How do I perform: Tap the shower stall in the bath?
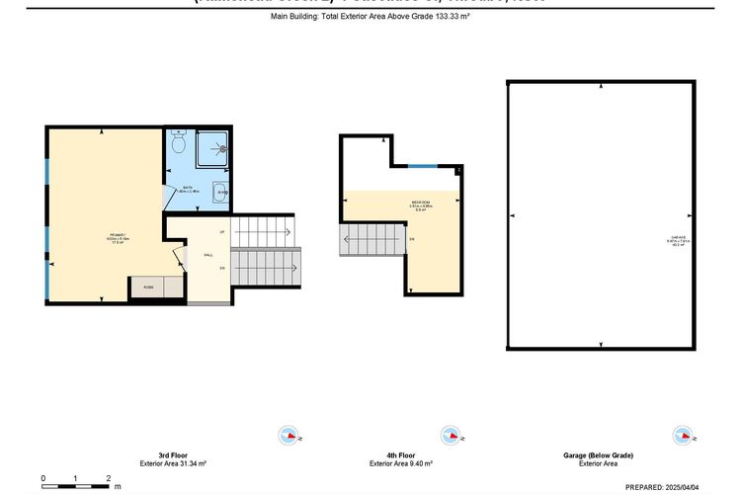(211, 150)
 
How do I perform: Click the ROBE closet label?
(148, 288)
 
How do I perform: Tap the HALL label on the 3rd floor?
(208, 254)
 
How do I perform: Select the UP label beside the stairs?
(222, 231)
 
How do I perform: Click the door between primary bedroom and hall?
(178, 258)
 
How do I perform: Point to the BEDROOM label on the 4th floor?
(419, 204)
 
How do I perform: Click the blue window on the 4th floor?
(426, 166)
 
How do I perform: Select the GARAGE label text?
(677, 240)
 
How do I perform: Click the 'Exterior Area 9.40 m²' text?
(400, 463)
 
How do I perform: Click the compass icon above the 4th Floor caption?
(452, 435)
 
